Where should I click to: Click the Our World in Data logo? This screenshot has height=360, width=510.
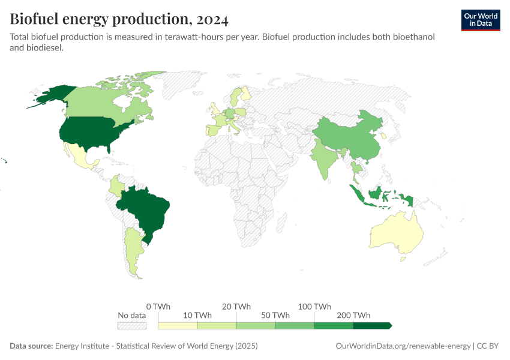point(480,20)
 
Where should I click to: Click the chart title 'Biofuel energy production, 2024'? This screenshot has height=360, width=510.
point(119,19)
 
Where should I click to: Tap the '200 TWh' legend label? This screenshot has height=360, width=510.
point(353,316)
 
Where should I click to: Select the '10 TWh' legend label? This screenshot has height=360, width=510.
point(197,316)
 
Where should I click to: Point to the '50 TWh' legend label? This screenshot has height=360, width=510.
point(275,316)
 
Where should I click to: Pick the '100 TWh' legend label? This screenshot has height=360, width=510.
point(314,307)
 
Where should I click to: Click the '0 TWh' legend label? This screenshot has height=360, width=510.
point(158,307)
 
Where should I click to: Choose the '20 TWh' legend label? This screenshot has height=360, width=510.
point(236,307)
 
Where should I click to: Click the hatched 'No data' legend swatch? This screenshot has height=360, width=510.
point(132,326)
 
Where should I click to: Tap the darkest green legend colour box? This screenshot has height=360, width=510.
point(372,326)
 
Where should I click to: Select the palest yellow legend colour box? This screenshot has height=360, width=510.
point(178,326)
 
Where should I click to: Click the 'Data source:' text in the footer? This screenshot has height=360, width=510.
point(31,346)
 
